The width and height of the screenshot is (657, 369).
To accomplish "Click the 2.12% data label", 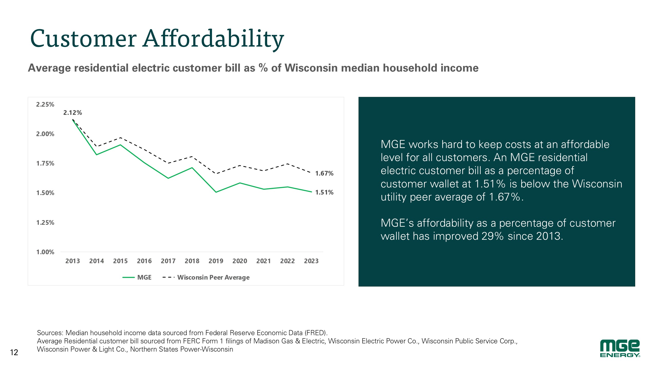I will point(73,113).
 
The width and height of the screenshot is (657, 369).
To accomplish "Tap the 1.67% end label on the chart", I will point(324,173).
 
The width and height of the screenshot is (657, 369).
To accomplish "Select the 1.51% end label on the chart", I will point(324,192).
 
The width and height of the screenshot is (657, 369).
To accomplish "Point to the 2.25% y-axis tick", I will point(45,105).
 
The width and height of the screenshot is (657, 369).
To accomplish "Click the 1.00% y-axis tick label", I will point(45,252).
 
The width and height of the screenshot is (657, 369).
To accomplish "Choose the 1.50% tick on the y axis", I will point(45,193).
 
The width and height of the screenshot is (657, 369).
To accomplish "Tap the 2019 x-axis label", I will point(216,261).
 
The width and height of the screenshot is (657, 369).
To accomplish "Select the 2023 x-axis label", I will point(311,261).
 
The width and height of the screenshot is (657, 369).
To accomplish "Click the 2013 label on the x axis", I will point(73,261).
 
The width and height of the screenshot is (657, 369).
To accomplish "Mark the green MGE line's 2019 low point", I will point(216,192).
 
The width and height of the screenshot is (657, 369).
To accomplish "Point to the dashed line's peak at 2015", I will point(120,138).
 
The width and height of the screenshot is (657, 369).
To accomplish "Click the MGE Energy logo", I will point(620,348).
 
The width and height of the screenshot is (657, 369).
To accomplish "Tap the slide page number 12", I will point(14,353).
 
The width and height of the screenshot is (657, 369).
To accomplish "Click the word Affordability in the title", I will point(213,39).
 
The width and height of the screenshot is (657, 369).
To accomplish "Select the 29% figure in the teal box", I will point(492,236).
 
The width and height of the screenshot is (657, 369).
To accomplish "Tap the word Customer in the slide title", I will point(83,39).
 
